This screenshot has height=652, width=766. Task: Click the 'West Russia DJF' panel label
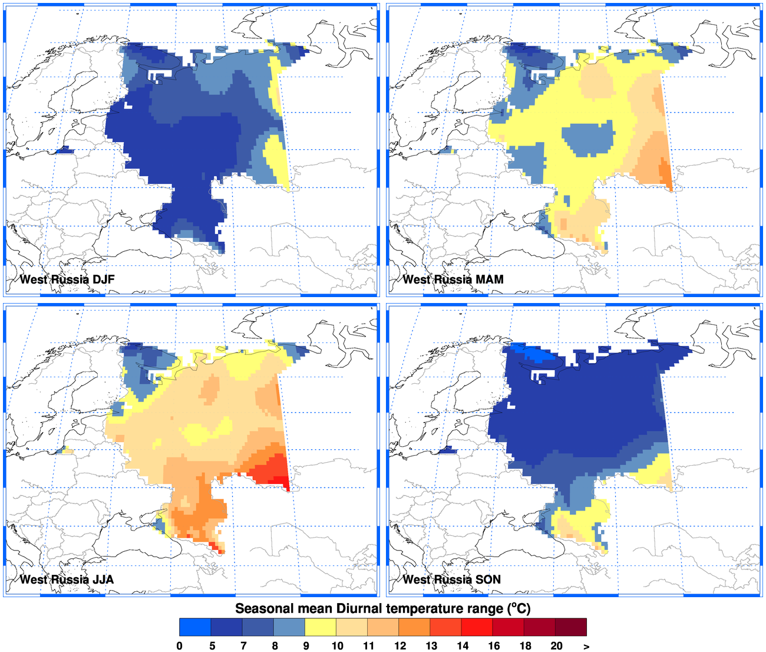(x=67, y=279)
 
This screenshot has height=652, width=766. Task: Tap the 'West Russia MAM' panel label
(x=453, y=279)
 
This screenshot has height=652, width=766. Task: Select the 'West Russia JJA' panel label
(x=67, y=579)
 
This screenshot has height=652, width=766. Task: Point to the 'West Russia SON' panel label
(x=451, y=579)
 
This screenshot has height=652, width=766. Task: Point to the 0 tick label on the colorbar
(x=180, y=646)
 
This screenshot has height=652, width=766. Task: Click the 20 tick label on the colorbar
(x=556, y=646)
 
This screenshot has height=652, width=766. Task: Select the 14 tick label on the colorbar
(x=463, y=646)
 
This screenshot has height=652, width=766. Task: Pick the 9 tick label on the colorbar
(x=306, y=646)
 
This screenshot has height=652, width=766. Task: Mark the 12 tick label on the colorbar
(x=400, y=646)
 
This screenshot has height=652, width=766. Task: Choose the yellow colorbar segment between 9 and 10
(x=321, y=627)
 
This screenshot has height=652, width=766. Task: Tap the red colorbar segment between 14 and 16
(x=477, y=627)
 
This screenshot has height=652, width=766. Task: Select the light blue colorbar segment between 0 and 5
(x=195, y=627)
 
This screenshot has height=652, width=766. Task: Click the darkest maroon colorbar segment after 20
(x=571, y=627)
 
